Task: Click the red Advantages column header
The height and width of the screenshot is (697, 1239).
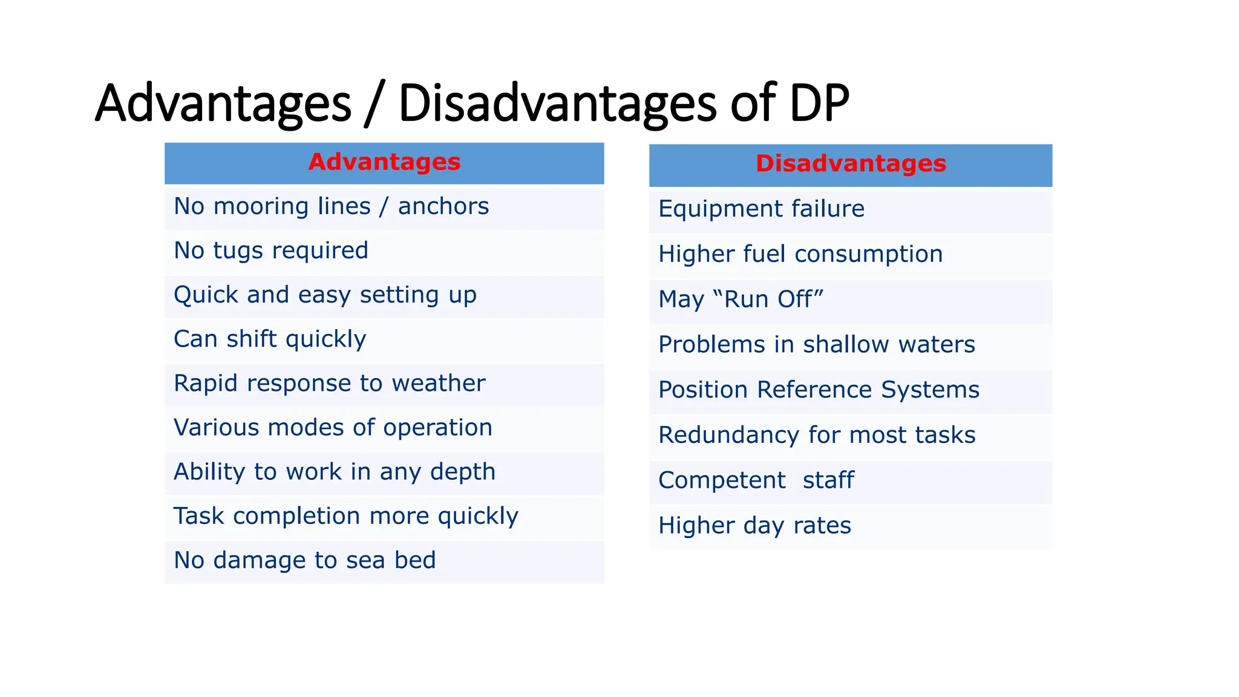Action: tap(384, 162)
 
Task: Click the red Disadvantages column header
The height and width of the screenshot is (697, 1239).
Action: tap(851, 164)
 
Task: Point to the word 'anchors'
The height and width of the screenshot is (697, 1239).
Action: tap(443, 206)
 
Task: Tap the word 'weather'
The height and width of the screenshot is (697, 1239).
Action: tap(439, 383)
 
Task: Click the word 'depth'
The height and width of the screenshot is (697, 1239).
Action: tap(463, 472)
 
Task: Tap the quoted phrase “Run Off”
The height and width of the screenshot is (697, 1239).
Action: tap(768, 299)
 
